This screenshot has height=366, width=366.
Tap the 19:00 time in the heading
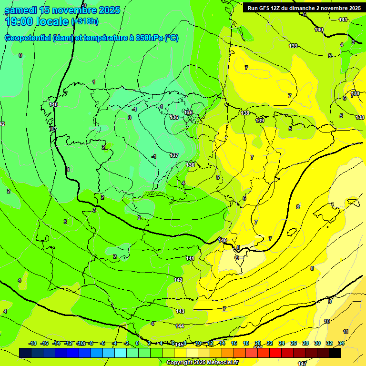click(19, 21)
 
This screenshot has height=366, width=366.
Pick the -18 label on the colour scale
click(32, 343)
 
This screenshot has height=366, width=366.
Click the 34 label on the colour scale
click(341, 343)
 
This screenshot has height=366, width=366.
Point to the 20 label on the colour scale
click(258, 343)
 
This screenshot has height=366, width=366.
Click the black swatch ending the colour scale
click(335, 353)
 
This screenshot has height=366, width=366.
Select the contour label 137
click(174, 155)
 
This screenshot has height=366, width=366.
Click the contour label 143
click(180, 311)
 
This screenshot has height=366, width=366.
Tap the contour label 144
click(180, 326)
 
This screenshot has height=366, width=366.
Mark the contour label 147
click(302, 363)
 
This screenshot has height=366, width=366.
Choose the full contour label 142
click(179, 280)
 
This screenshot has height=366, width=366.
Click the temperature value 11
click(346, 332)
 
